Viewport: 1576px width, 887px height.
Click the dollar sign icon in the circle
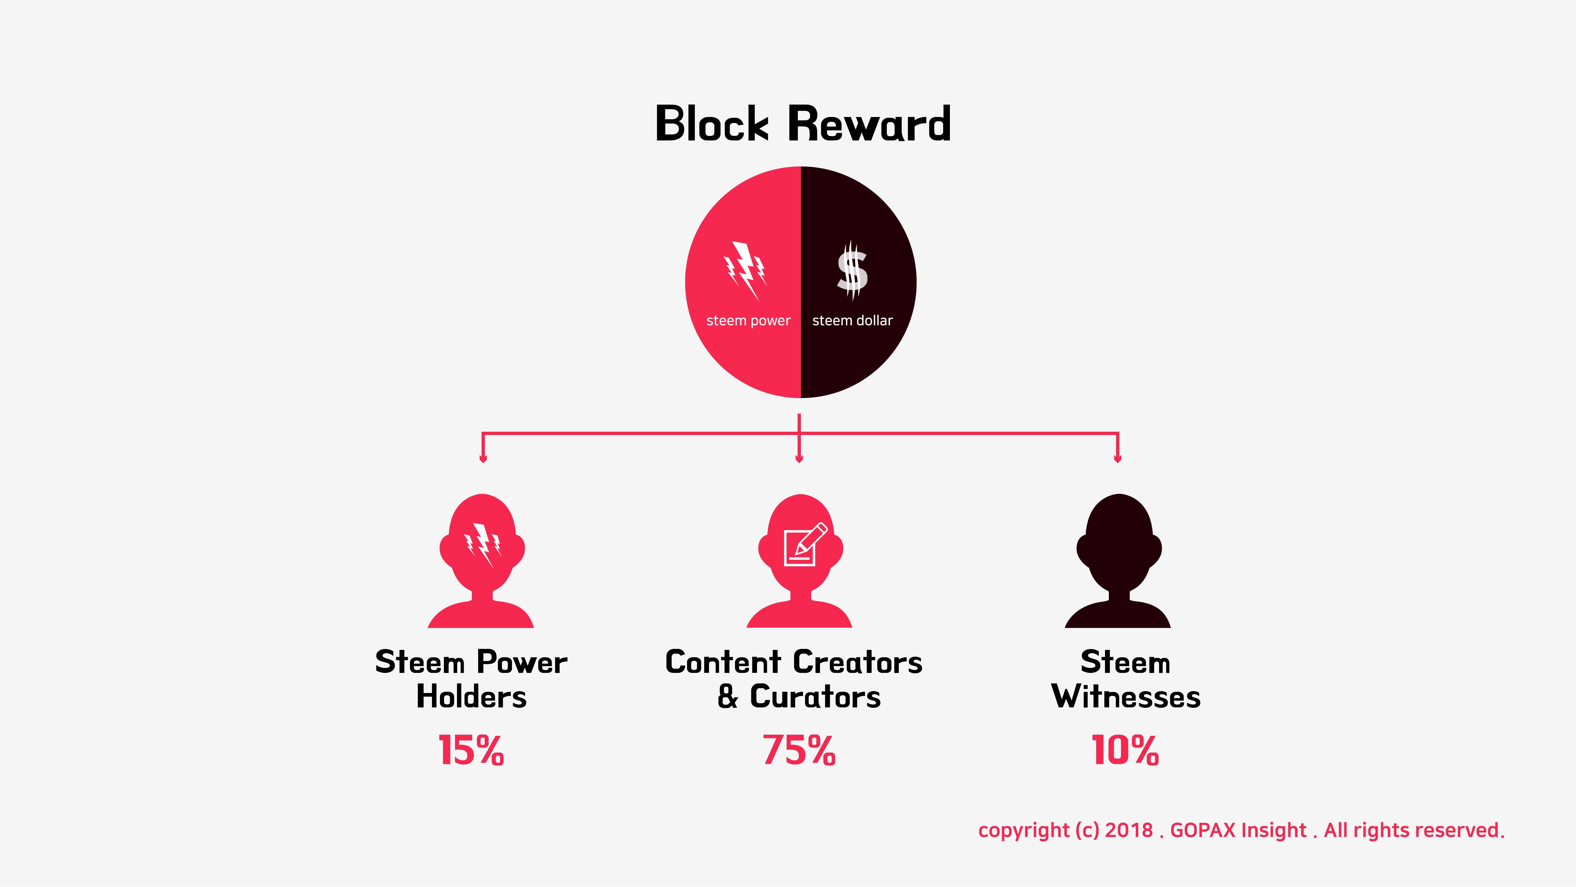click(852, 270)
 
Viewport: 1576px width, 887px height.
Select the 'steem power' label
click(748, 321)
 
